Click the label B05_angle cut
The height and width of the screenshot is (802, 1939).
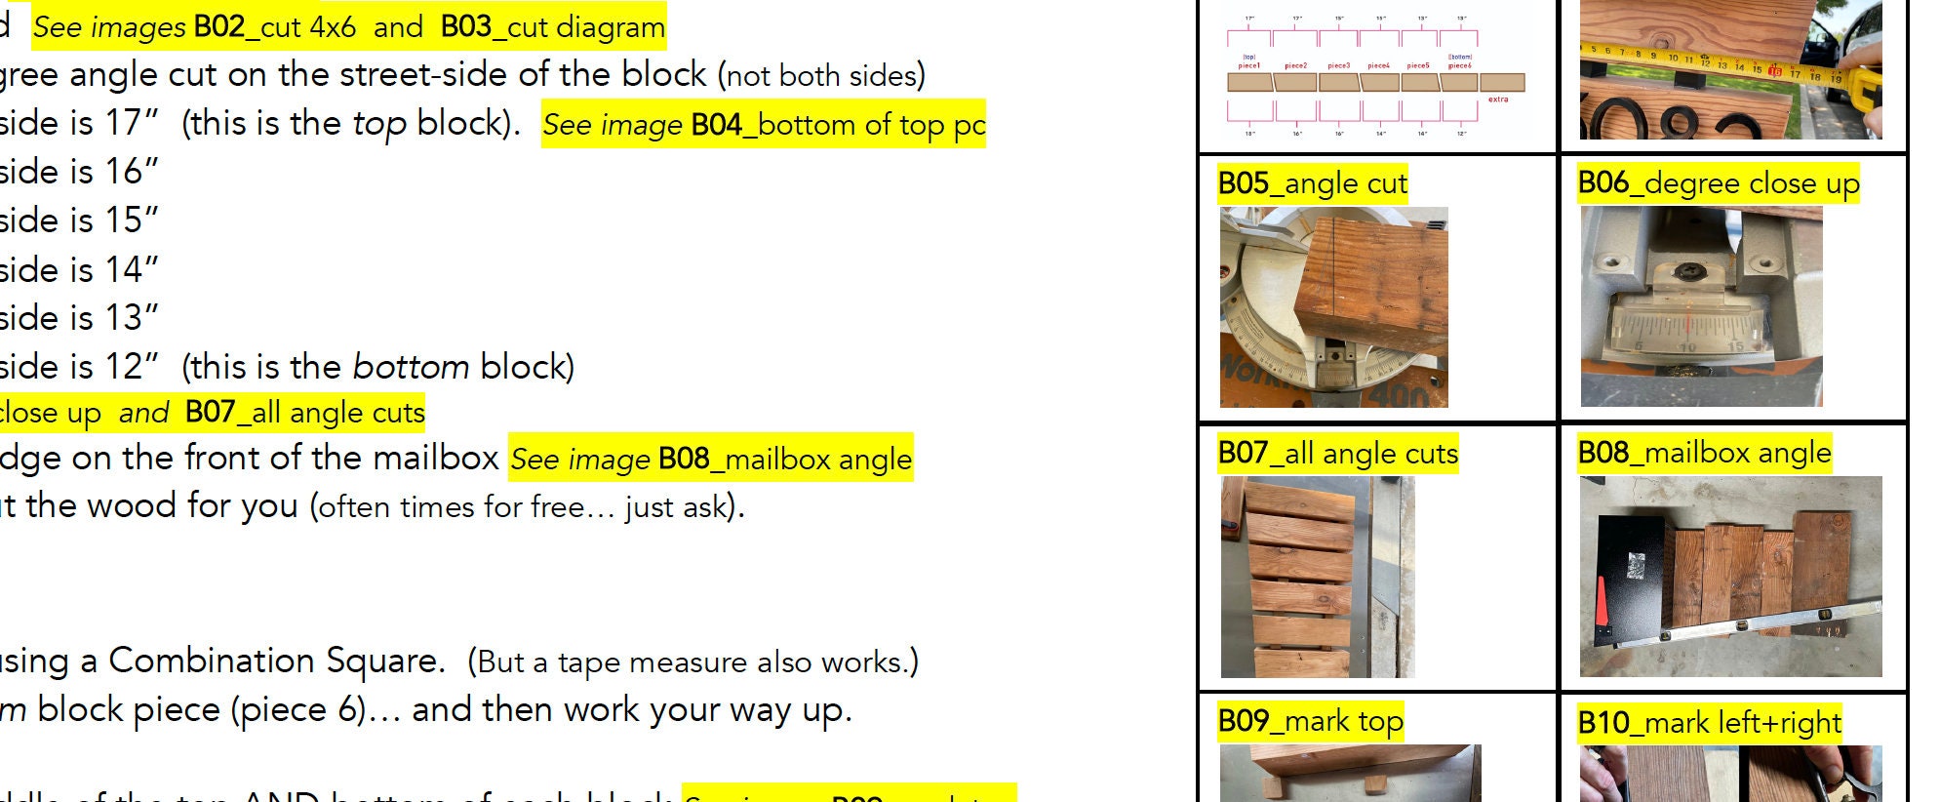(x=1312, y=183)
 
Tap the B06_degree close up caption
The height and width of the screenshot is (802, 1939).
(x=1718, y=183)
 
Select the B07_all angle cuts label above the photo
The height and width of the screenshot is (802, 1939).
(x=1337, y=454)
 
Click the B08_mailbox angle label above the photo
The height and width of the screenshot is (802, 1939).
(x=1704, y=454)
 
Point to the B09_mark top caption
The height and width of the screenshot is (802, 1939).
(x=1310, y=722)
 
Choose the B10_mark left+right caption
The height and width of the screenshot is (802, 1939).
(x=1709, y=723)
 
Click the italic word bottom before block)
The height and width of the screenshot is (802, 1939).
(x=411, y=368)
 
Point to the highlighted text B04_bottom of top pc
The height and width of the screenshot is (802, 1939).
(x=764, y=125)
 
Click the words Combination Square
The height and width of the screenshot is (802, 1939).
(x=275, y=662)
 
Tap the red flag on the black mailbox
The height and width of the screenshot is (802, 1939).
(x=1602, y=602)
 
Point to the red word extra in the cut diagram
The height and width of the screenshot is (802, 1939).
(x=1498, y=100)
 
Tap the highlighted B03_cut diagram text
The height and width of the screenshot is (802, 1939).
(x=552, y=27)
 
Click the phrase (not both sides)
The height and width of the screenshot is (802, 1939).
(x=821, y=76)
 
